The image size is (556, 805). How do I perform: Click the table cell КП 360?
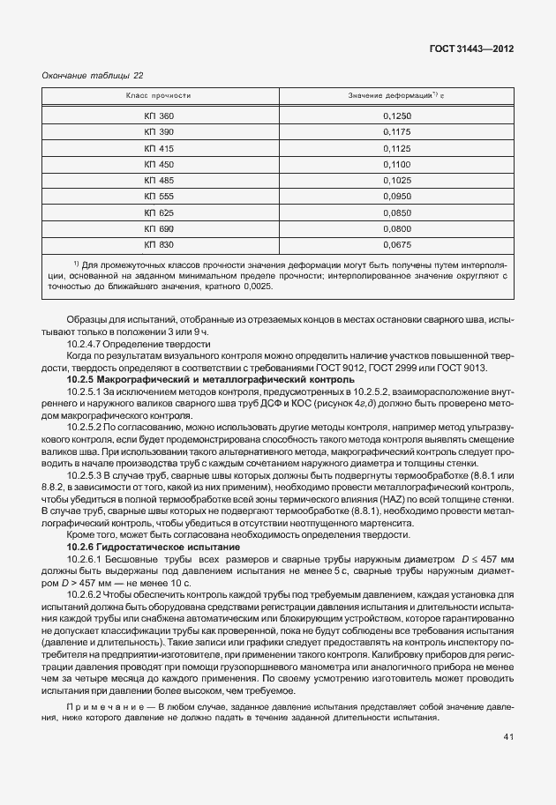(160, 116)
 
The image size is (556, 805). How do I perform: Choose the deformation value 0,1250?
(397, 116)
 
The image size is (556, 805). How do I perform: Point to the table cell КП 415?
(160, 148)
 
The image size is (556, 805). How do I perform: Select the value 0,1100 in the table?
(397, 164)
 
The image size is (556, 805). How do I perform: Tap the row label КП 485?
(160, 180)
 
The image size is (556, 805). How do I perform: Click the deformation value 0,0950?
(397, 196)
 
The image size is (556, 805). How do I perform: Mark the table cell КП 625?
(160, 212)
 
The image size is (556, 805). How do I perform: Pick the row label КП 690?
(160, 227)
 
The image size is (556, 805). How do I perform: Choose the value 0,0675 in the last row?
(397, 243)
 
